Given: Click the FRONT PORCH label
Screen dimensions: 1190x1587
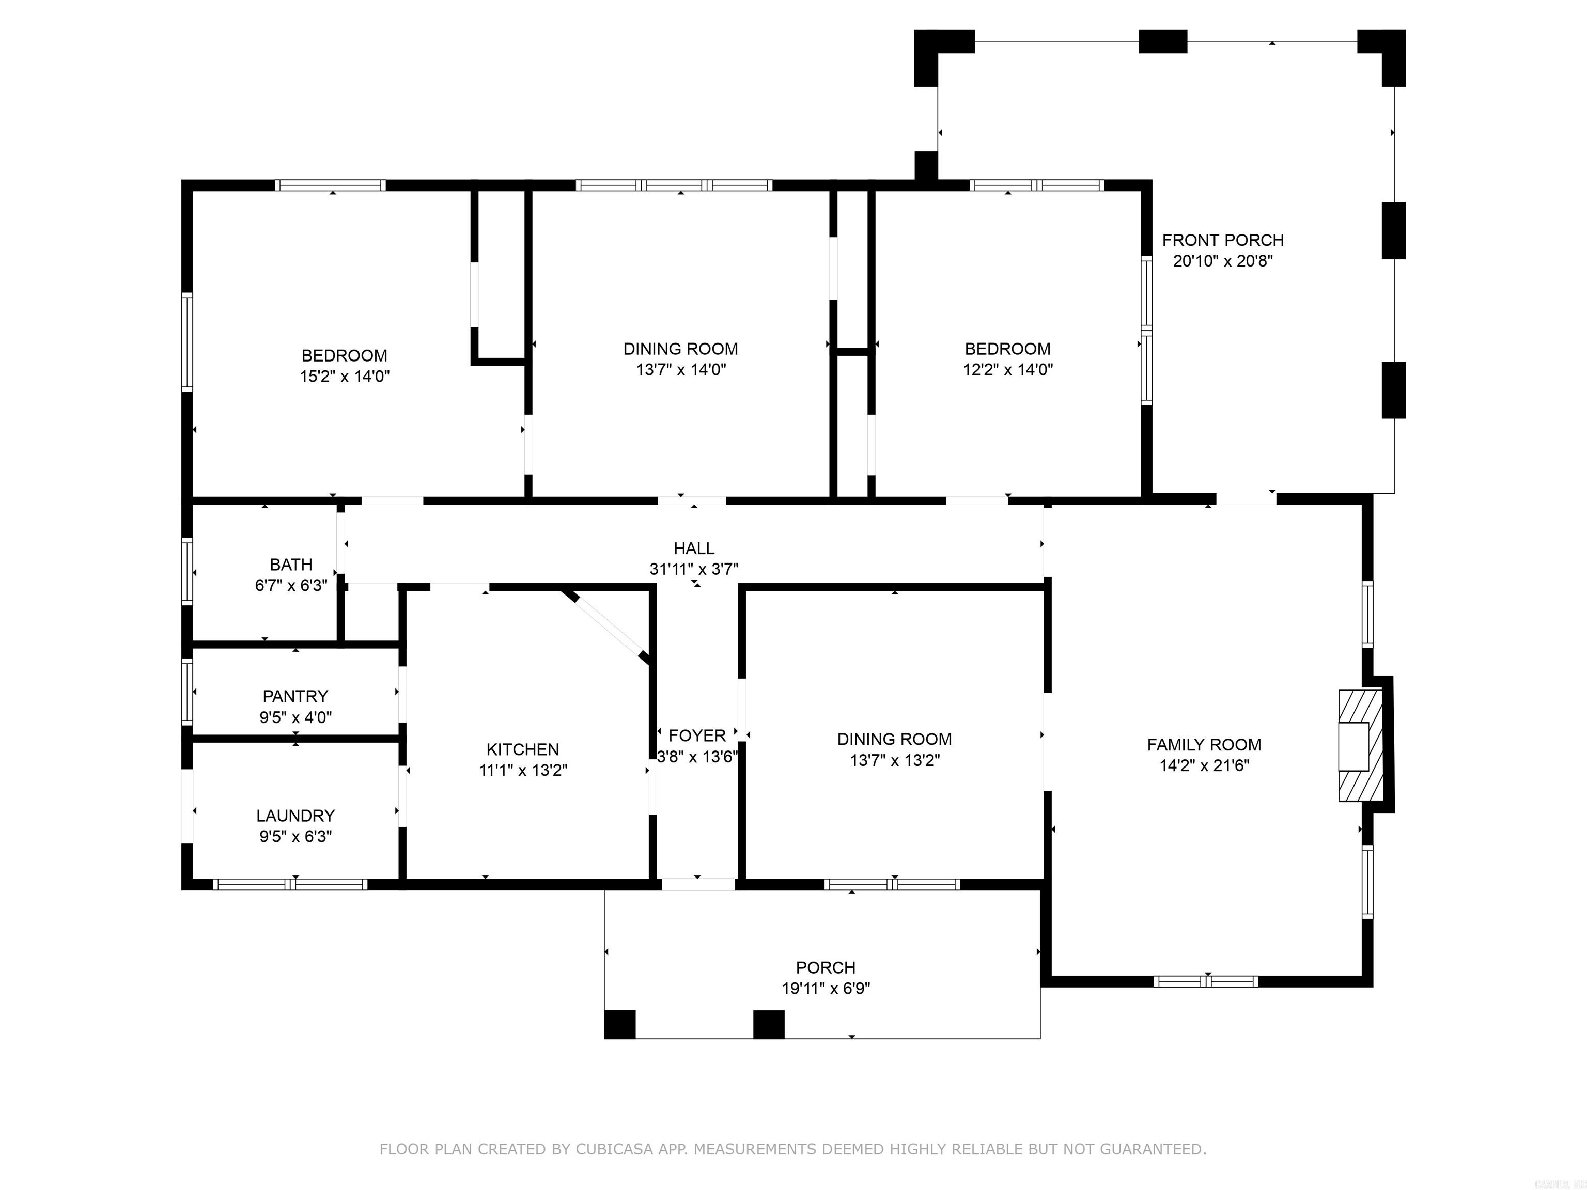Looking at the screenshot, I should (1222, 240).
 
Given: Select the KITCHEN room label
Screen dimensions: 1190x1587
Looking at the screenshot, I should (522, 749).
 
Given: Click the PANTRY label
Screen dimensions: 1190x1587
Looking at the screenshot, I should (295, 697).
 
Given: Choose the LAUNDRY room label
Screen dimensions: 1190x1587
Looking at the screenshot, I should (295, 816).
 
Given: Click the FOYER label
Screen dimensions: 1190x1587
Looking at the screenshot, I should (697, 735).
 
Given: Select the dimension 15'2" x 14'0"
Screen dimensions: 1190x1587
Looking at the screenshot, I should (345, 377).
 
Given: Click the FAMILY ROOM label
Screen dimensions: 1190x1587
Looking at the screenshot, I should (1204, 745).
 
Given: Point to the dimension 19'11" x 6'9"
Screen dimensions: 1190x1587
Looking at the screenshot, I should (826, 989).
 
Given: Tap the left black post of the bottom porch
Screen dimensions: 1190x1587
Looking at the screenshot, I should (620, 1024).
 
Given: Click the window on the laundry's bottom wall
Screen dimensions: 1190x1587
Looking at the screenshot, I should (290, 884).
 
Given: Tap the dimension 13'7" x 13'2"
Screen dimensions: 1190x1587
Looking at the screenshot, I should (895, 760).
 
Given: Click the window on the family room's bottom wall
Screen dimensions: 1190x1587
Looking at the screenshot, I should (1205, 981).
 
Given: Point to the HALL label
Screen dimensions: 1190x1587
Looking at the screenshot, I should (694, 549).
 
